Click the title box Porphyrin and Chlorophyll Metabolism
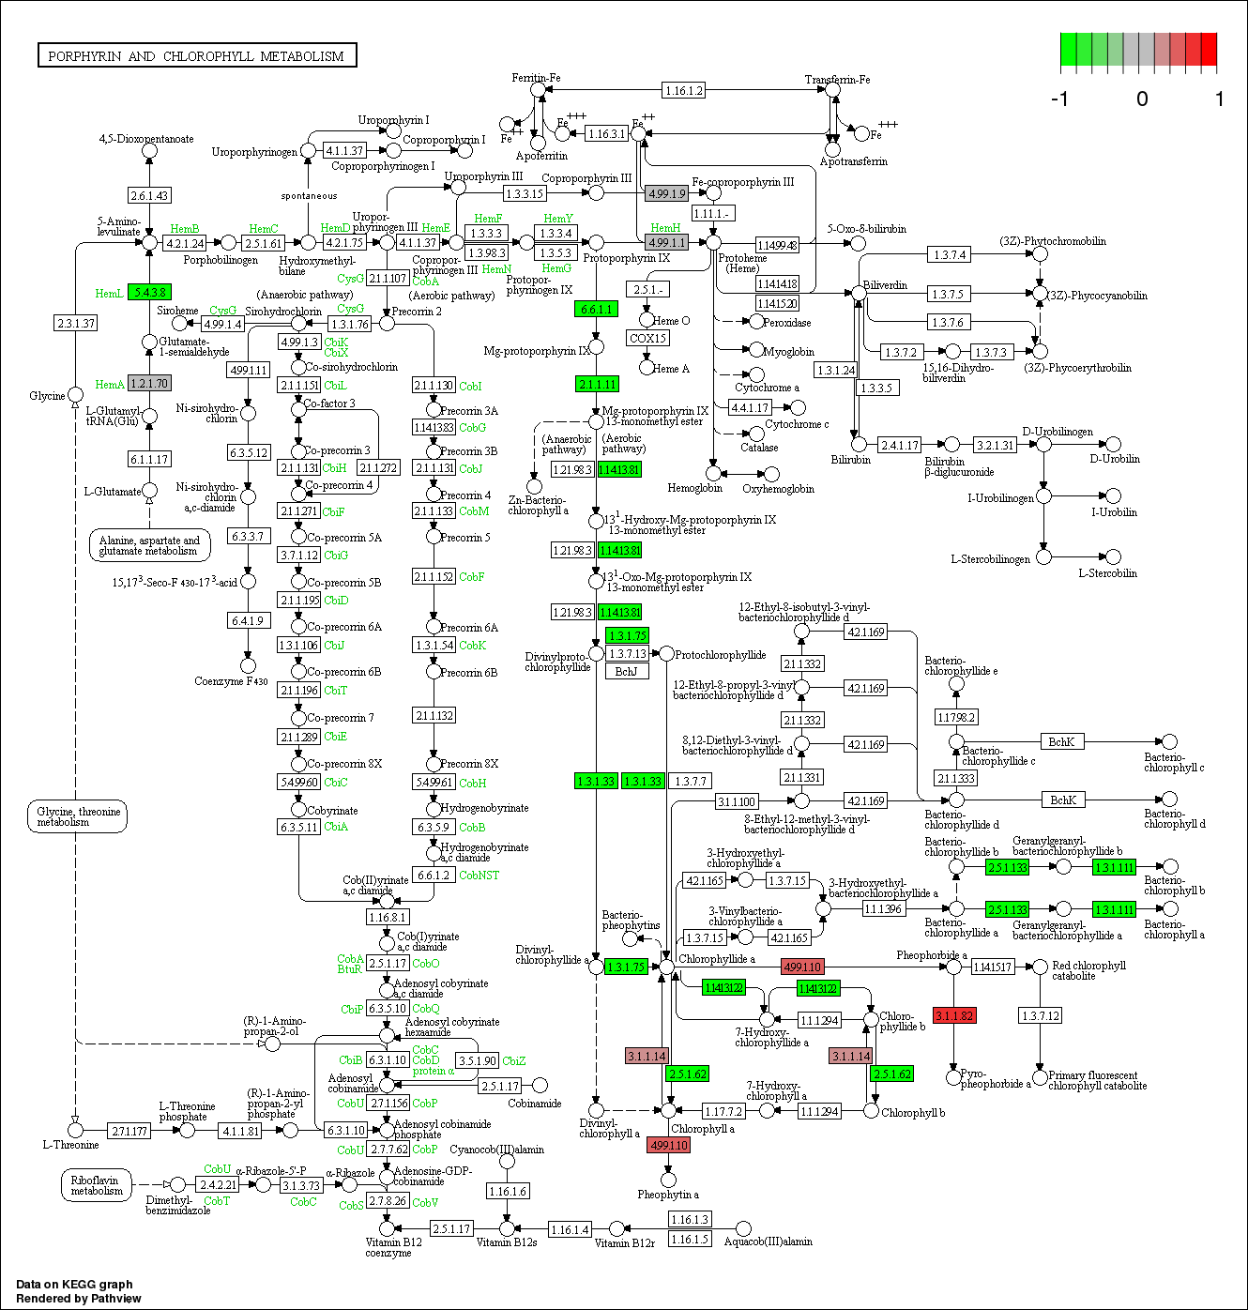coord(196,56)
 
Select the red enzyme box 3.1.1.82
coord(954,1015)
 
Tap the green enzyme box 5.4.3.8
coord(149,292)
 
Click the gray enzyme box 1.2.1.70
coord(149,383)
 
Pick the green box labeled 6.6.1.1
coord(597,309)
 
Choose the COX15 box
coord(647,338)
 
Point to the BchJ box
coord(626,671)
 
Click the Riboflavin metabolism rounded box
coord(96,1185)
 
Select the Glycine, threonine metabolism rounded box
coord(77,816)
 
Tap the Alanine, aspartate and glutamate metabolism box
coord(149,545)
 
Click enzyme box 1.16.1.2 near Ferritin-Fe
coord(683,90)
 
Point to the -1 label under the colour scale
coord(1060,99)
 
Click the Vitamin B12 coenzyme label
coord(393,1247)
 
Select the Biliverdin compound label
coord(885,285)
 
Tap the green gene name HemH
coord(665,228)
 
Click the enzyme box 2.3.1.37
coord(76,323)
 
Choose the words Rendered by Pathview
coord(79,1299)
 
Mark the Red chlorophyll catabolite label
coord(1088,970)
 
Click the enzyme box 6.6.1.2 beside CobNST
coord(434,875)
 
